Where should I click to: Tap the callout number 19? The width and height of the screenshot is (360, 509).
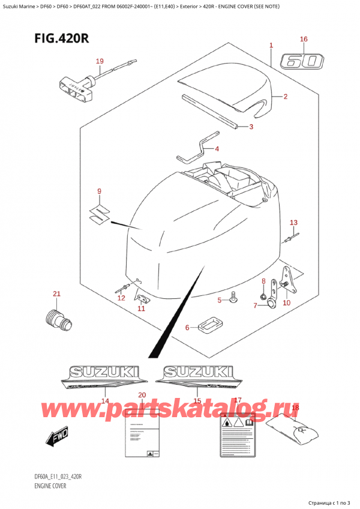(x=100, y=61)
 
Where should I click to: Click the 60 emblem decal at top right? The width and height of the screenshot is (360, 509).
(x=304, y=61)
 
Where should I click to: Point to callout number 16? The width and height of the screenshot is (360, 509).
(x=304, y=40)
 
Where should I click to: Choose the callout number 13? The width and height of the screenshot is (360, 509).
(x=293, y=223)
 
